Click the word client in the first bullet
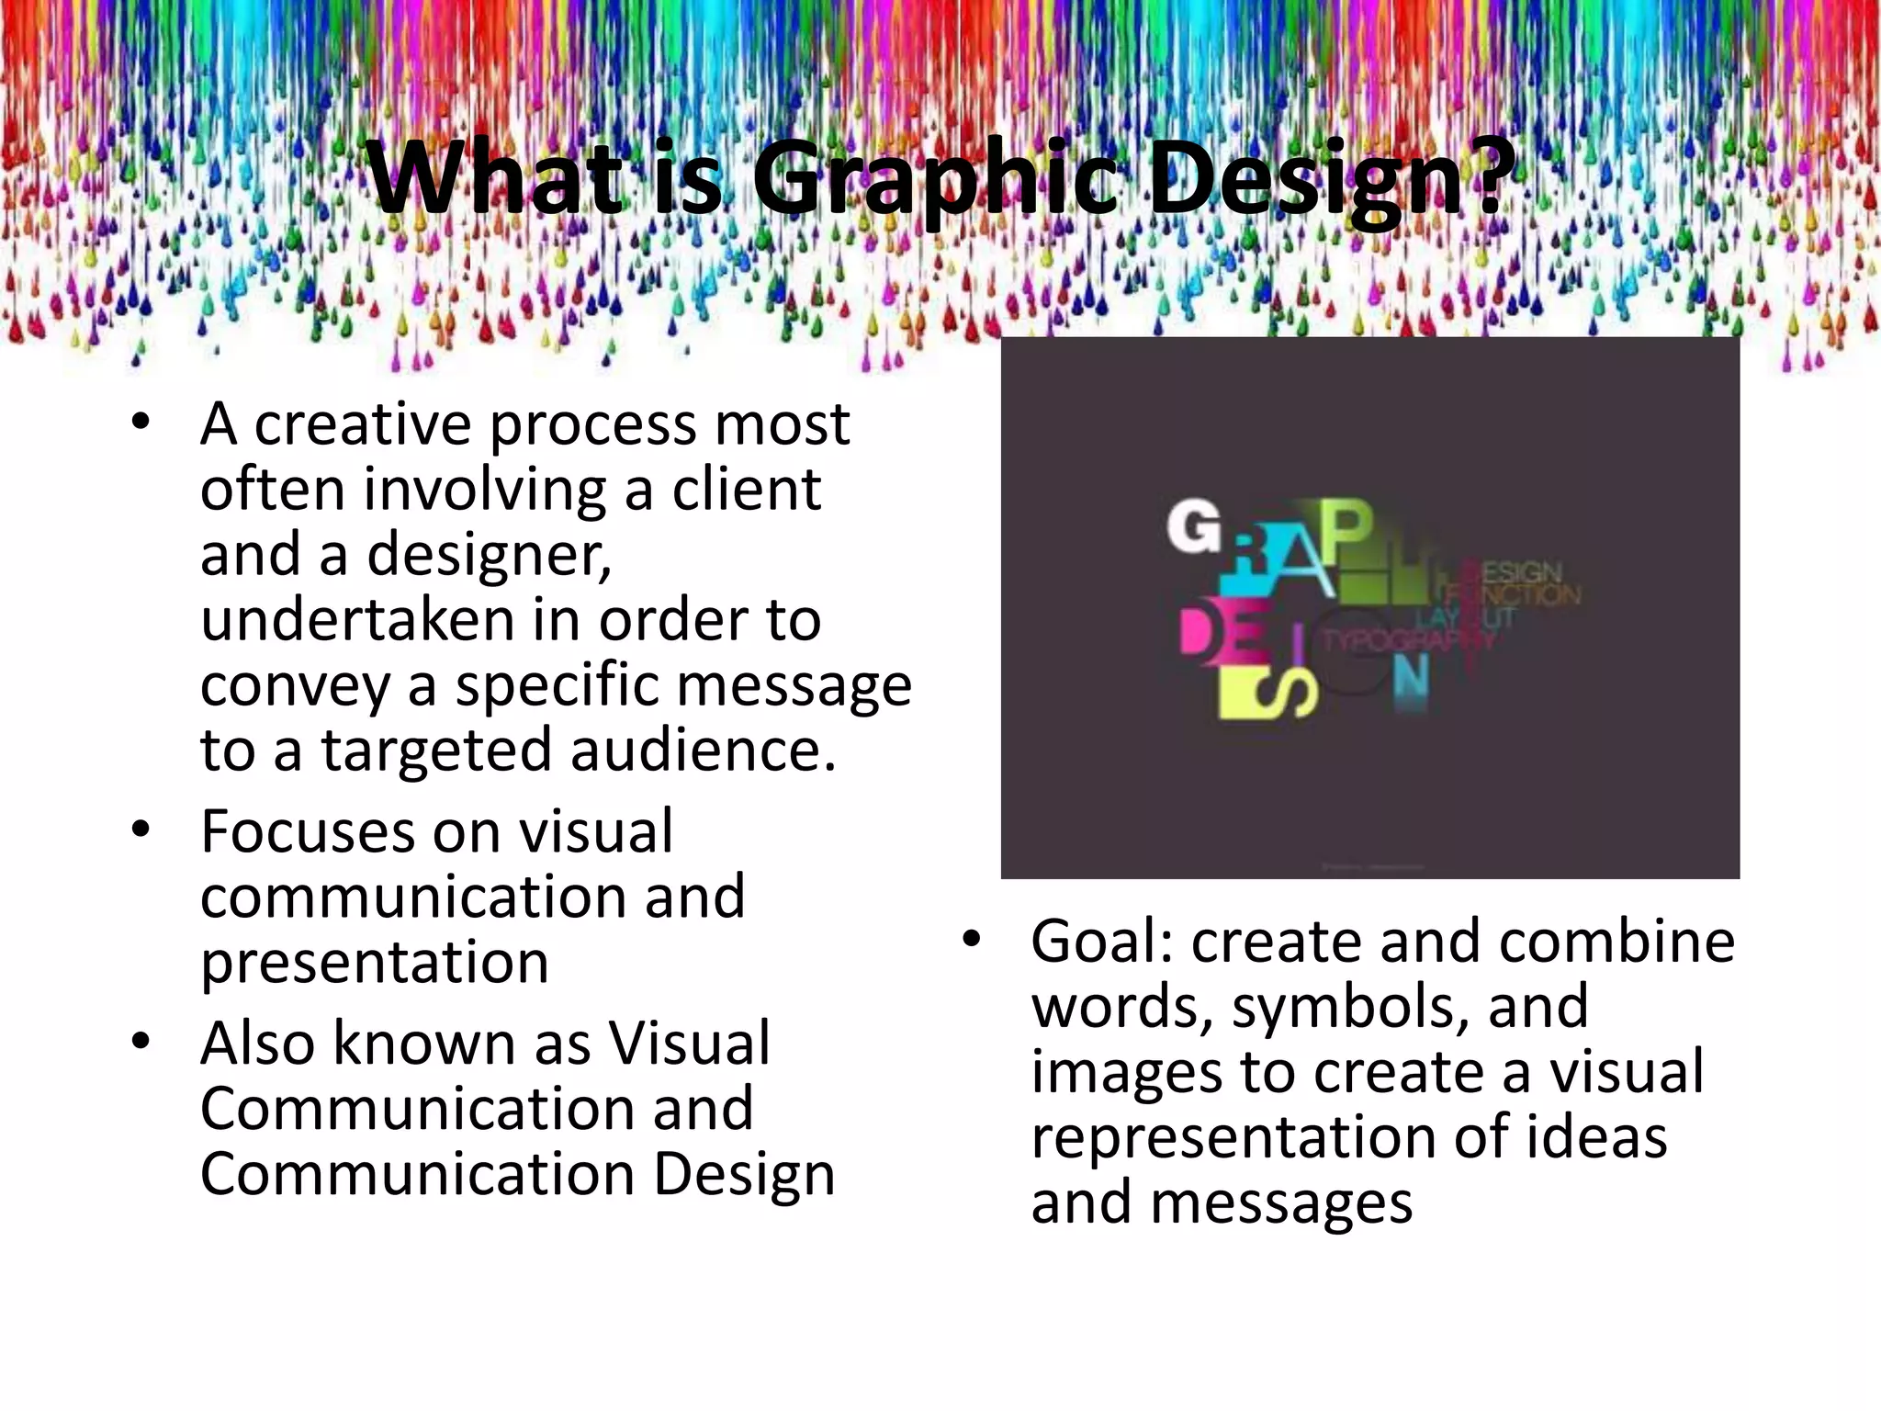pos(746,490)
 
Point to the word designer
pos(489,556)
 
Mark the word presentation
pos(375,964)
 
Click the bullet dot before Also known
pos(141,1042)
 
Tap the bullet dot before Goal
pos(971,939)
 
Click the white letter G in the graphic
pos(1194,528)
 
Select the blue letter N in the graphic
pos(1410,680)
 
